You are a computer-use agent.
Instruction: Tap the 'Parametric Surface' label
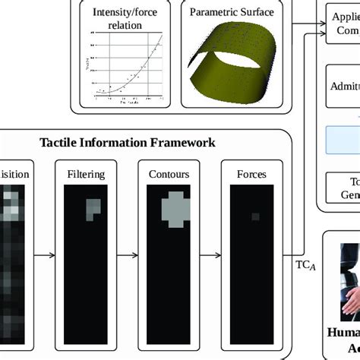point(232,12)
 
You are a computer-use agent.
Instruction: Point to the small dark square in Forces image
point(254,217)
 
